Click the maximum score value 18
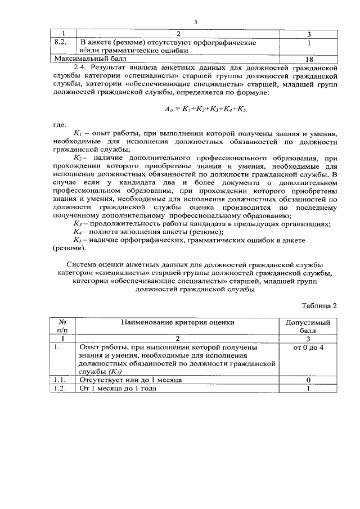tap(309, 58)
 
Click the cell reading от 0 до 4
tap(308, 348)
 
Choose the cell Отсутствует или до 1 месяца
tap(131, 380)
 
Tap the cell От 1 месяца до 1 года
tap(118, 389)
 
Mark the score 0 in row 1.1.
tap(308, 380)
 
